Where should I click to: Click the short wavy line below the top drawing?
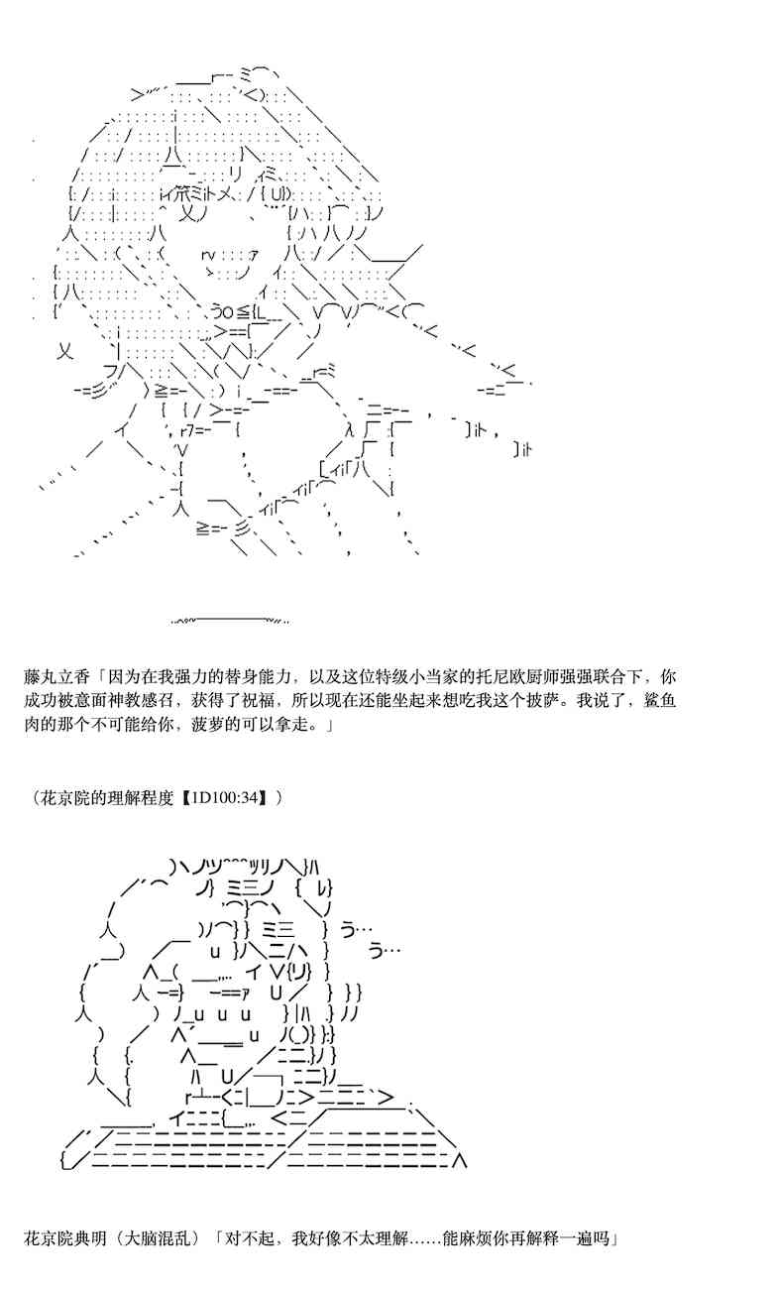(231, 621)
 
